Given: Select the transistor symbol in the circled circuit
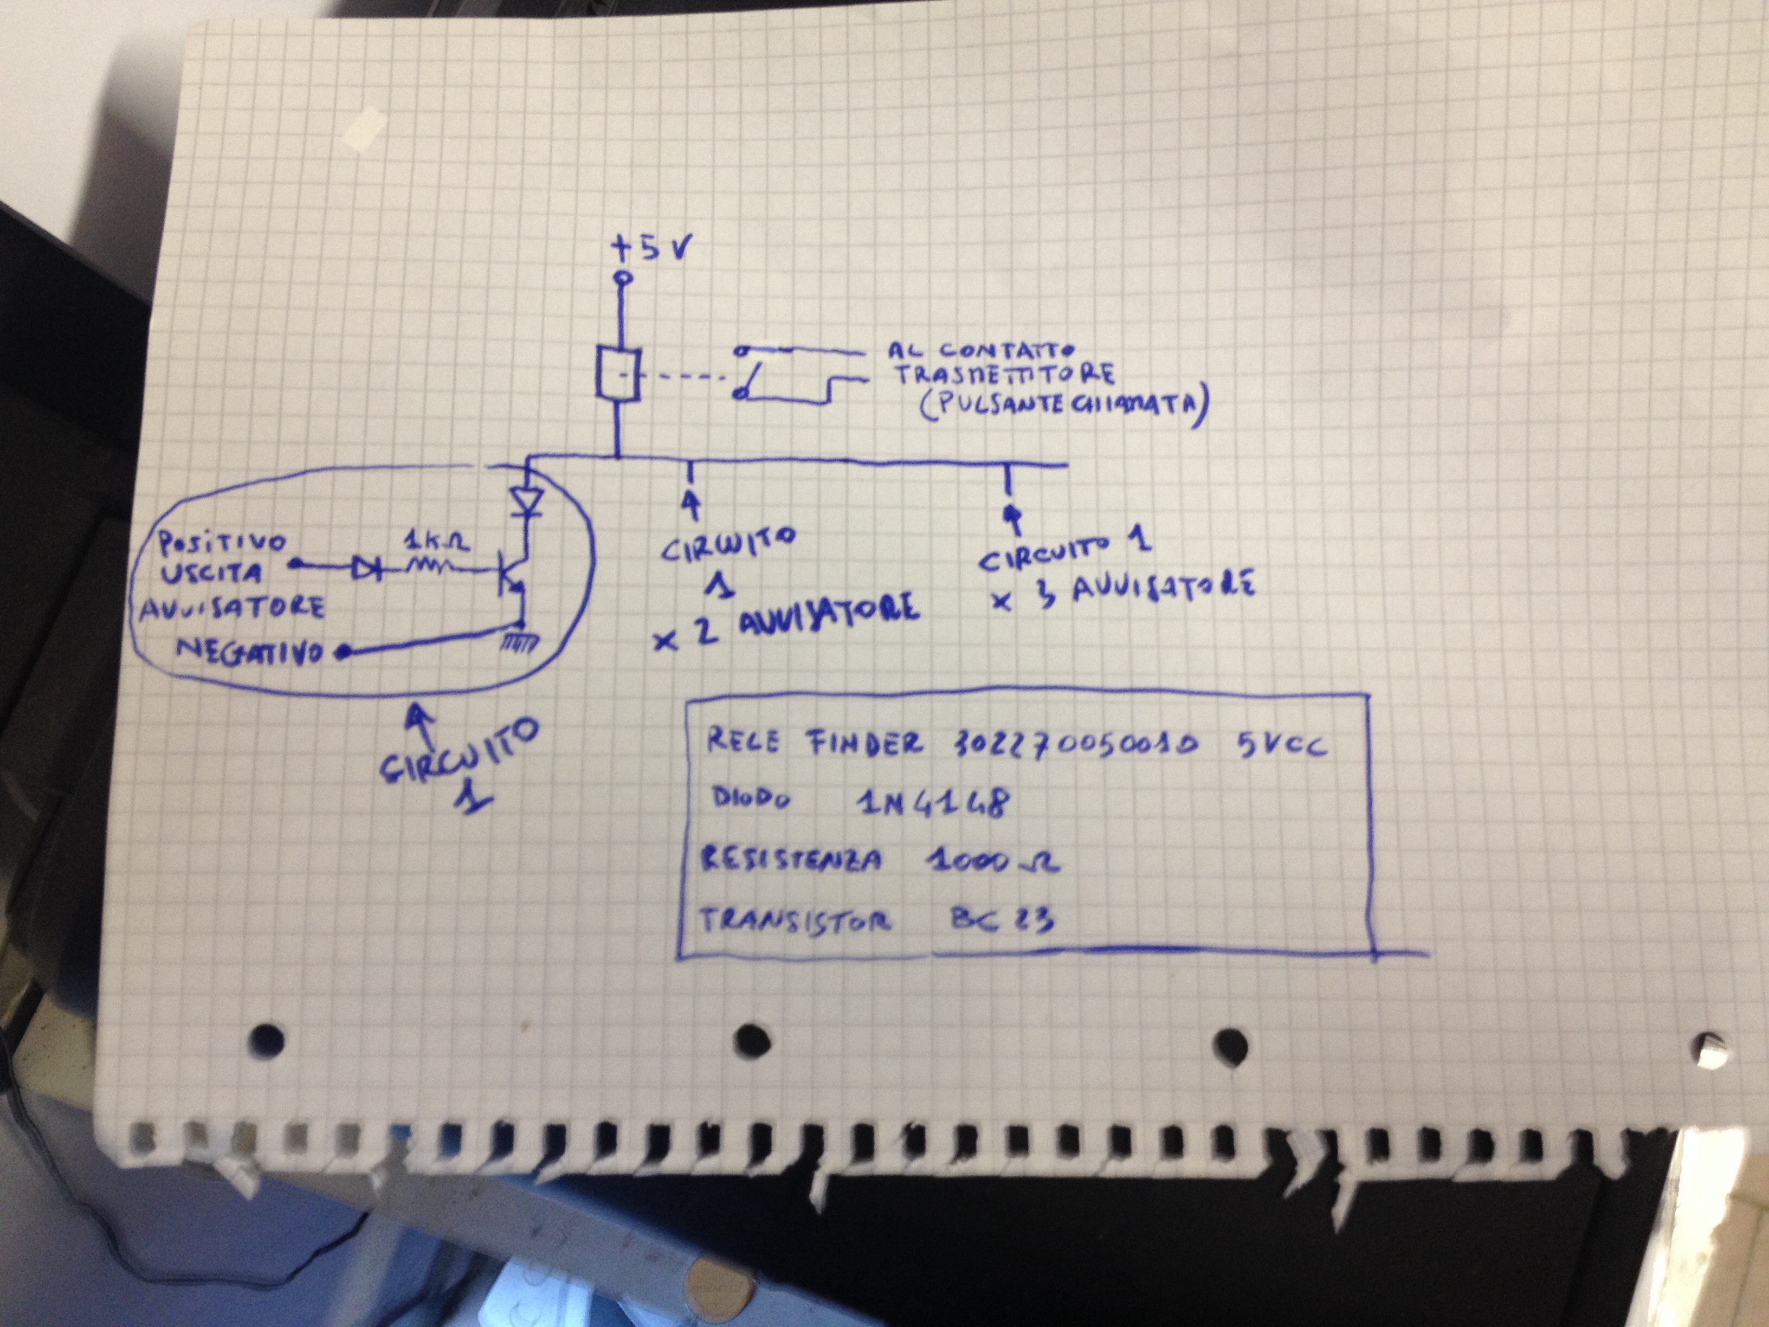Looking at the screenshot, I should [x=508, y=574].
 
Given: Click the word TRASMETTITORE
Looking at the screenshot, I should [x=1004, y=375].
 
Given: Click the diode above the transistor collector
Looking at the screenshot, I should [x=527, y=503].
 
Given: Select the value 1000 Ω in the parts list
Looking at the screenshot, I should [x=992, y=861].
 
